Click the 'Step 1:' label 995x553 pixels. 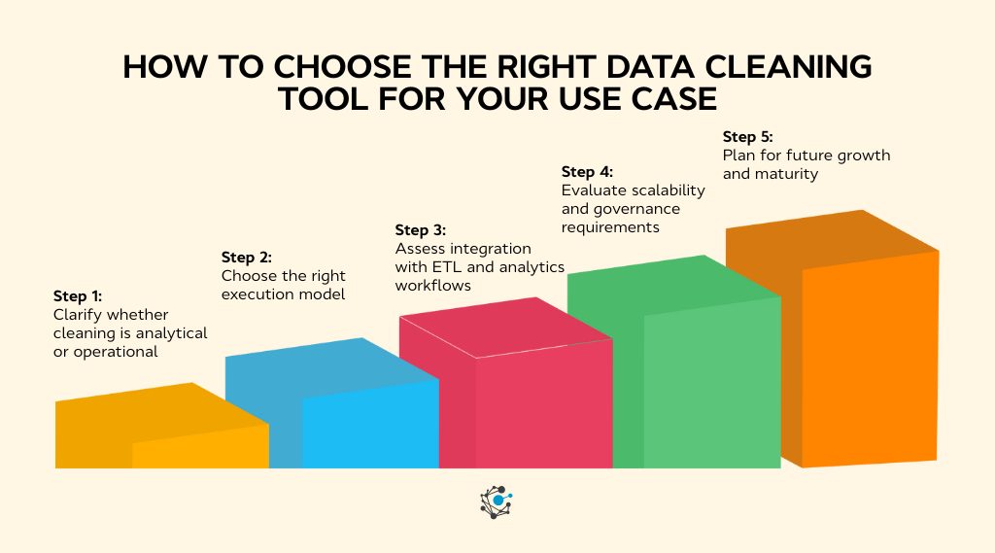click(78, 296)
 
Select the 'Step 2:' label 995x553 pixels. click(247, 258)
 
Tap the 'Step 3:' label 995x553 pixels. click(420, 230)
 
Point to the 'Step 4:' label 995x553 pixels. click(587, 172)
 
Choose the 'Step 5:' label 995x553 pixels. click(748, 137)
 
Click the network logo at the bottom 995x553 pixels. click(497, 501)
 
